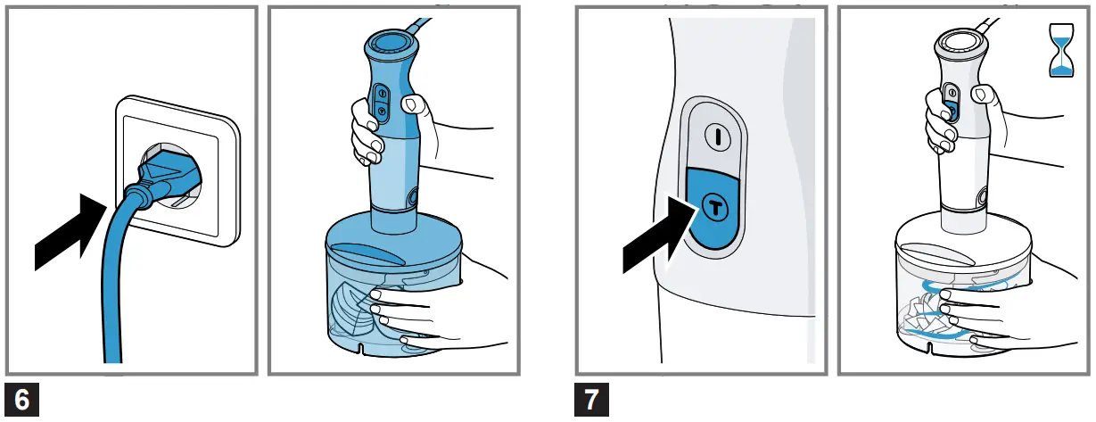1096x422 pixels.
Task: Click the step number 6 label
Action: [21, 400]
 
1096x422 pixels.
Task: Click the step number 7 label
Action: [591, 400]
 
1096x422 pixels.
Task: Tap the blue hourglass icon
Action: [1061, 51]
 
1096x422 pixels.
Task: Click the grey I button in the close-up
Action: [718, 137]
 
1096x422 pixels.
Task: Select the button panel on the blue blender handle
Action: [382, 103]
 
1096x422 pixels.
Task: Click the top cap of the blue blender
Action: [391, 43]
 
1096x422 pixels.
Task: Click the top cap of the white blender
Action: [960, 41]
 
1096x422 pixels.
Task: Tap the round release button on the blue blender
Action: [411, 198]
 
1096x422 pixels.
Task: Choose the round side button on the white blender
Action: [981, 198]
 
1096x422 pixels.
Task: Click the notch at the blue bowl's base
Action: [360, 349]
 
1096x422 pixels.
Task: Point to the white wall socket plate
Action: [177, 171]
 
